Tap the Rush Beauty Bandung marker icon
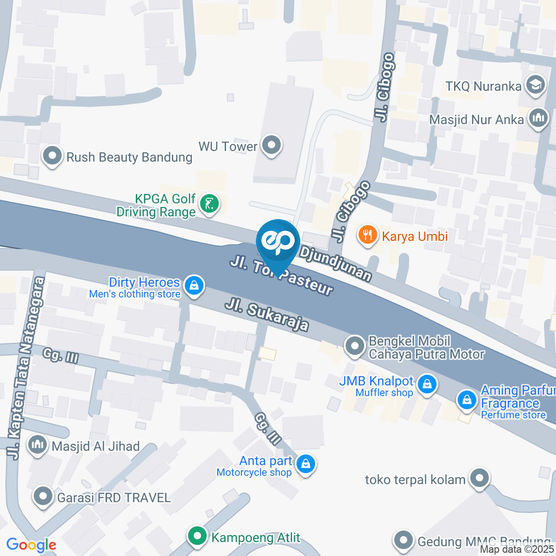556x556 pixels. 53,156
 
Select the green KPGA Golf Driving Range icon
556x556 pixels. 209,204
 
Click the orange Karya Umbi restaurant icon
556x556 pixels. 367,235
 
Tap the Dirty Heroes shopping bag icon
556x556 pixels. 193,285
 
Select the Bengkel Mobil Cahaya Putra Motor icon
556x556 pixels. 354,347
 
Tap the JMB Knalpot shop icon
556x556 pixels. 427,383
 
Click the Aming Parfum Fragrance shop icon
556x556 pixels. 466,399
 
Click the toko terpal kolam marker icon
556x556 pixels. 479,479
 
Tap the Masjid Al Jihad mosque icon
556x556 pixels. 38,445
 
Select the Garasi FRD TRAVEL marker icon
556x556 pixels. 43,496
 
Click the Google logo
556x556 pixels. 31,544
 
